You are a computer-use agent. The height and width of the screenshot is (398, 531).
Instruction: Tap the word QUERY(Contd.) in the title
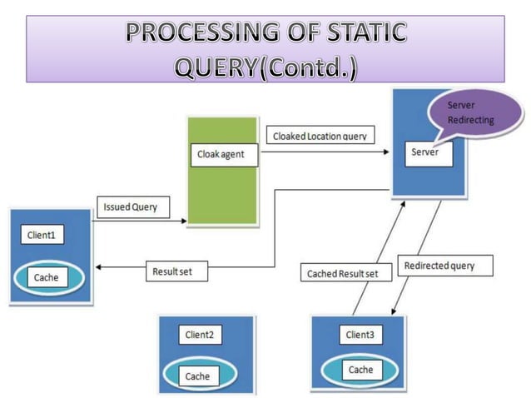tap(265, 67)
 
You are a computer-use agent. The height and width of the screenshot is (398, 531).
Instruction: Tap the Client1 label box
tap(39, 236)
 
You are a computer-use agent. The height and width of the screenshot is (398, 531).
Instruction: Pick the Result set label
tap(173, 271)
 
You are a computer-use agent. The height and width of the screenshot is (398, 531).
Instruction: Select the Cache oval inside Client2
tap(198, 376)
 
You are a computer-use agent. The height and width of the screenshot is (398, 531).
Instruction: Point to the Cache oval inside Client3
tap(360, 370)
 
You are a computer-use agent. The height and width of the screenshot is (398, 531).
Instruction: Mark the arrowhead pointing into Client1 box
tap(99, 267)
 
